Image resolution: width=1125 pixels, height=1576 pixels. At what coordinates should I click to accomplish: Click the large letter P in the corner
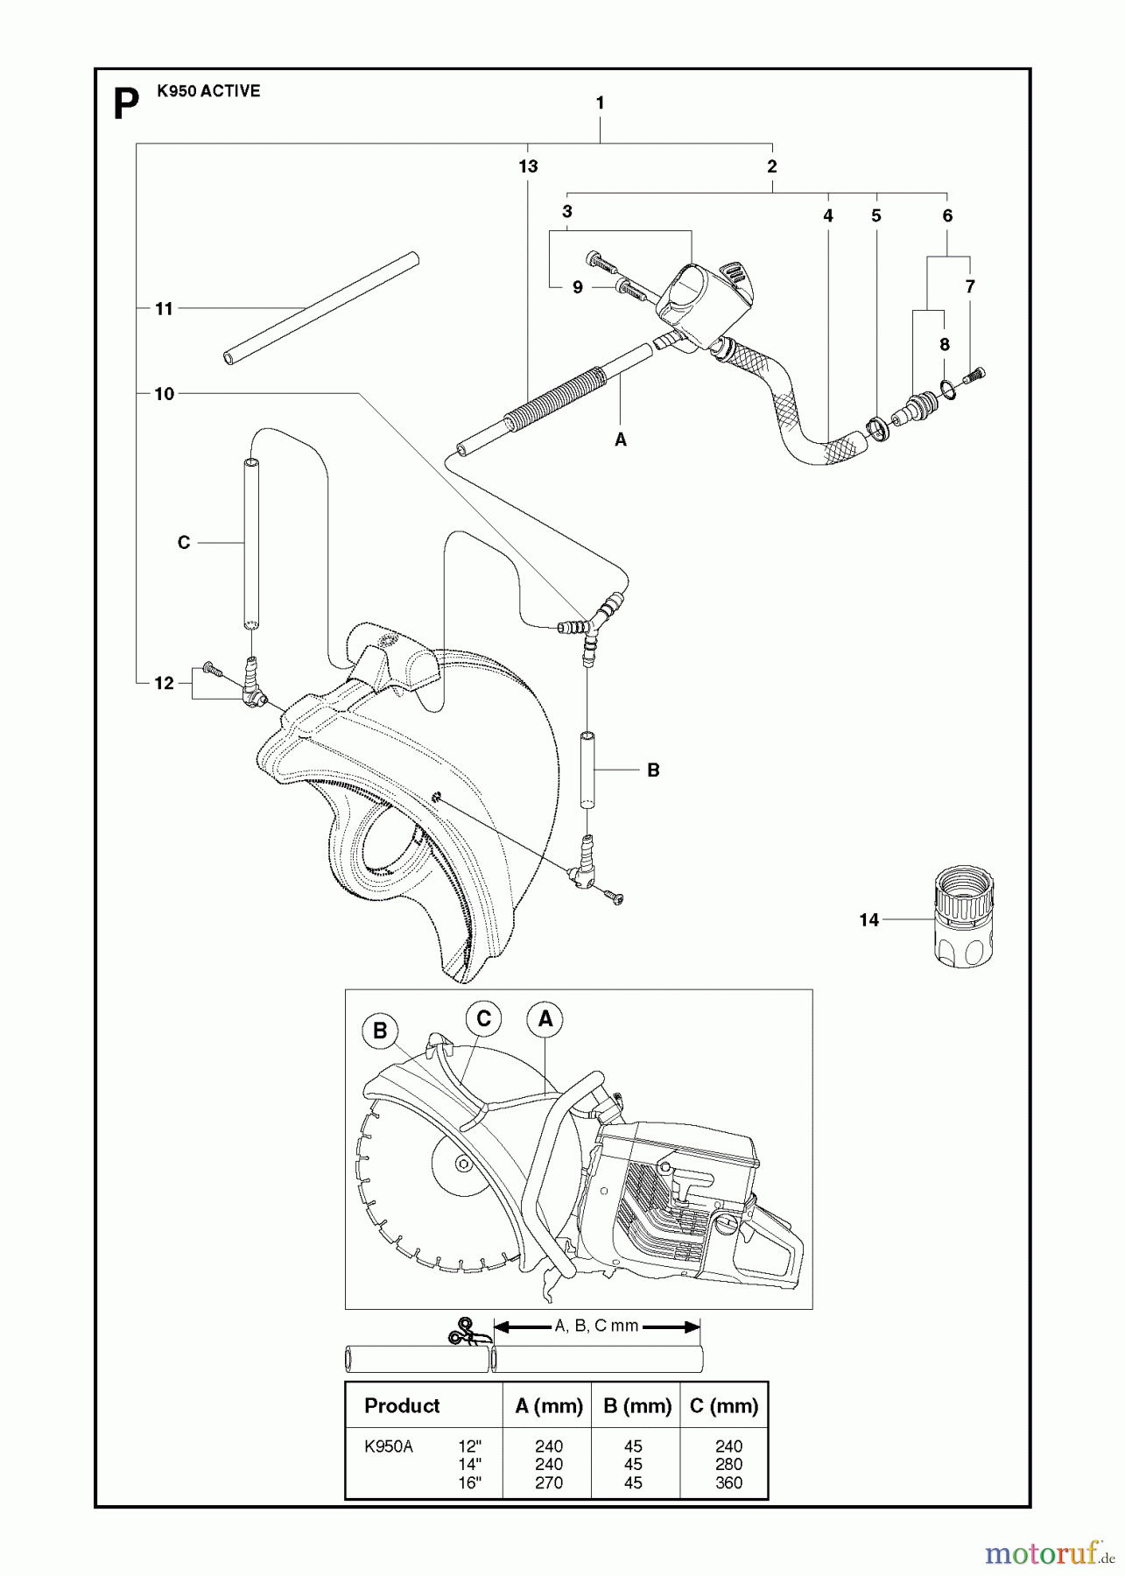point(127,105)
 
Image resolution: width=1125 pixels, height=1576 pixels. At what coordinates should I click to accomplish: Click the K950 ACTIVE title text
point(208,91)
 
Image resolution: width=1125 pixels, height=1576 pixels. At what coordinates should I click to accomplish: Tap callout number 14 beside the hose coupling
point(868,920)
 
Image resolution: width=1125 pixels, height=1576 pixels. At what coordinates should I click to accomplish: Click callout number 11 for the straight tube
point(164,308)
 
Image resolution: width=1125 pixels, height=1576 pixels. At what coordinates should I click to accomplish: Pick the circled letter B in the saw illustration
point(380,1031)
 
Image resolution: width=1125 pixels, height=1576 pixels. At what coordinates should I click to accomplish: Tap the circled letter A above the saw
point(545,1019)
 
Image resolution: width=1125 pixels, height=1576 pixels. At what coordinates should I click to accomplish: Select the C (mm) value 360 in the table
point(728,1483)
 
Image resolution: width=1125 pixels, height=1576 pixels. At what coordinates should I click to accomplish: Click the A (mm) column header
point(549,1406)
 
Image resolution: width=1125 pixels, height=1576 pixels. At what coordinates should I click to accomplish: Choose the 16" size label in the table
point(469,1483)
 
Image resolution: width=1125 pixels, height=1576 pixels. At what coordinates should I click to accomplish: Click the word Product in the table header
point(402,1406)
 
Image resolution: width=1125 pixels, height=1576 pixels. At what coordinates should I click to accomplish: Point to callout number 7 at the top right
point(969,286)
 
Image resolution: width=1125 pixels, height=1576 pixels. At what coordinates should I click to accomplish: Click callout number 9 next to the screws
point(577,287)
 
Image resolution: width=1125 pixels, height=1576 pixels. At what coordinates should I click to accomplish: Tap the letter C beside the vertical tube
point(183,543)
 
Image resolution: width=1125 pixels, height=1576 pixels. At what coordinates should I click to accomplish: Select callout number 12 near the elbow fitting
point(164,683)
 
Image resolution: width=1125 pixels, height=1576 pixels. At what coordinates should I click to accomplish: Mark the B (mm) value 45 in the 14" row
point(633,1464)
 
